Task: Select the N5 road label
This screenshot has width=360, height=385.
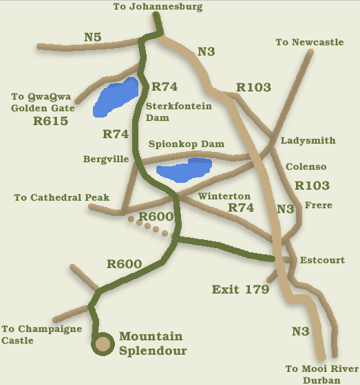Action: pos(92,36)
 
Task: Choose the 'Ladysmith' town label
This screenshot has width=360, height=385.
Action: pos(308,141)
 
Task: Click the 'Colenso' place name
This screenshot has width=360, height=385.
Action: pos(306,167)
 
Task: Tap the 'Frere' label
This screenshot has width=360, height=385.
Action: pos(318,206)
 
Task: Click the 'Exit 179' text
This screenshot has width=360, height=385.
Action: pos(240,289)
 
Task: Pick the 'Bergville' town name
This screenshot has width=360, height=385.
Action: pos(106,159)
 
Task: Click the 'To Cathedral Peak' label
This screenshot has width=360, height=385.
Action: pos(62,198)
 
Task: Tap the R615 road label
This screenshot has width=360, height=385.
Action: pos(51,122)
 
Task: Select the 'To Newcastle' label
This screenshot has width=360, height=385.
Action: pos(309,43)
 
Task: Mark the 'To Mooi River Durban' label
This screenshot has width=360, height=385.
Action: pos(321,375)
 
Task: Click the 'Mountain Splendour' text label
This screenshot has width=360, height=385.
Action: pos(151,343)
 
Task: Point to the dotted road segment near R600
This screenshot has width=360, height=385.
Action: pos(147,227)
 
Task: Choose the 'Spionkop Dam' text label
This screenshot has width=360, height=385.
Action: pos(187,144)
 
